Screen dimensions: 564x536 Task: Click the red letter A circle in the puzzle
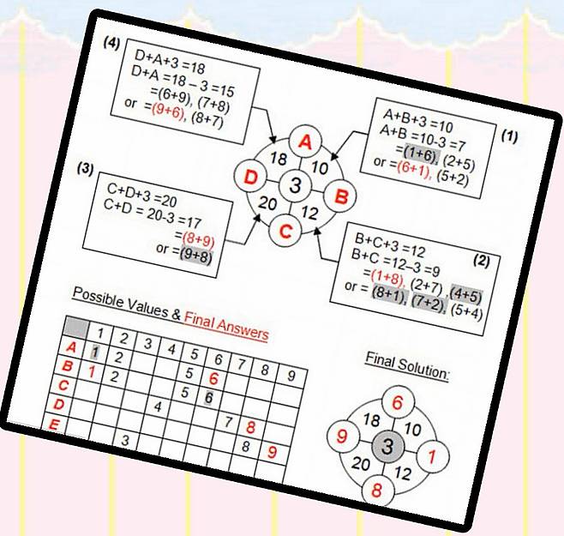305,142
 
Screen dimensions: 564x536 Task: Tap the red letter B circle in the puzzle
340,196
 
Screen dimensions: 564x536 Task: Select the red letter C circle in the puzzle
285,231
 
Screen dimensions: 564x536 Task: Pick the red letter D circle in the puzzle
250,177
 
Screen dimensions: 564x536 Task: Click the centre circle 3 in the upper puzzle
296,185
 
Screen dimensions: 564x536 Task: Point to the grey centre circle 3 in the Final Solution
387,446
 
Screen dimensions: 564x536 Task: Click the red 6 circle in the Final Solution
398,402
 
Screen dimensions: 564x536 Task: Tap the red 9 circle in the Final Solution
343,436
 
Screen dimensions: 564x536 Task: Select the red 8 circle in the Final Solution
377,490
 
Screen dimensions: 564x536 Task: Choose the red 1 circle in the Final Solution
432,456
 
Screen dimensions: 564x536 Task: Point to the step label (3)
86,168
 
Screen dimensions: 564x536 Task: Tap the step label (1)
509,136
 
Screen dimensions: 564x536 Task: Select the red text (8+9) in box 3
198,239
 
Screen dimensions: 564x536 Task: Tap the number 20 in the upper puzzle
267,203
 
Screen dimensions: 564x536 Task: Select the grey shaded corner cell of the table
75,328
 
